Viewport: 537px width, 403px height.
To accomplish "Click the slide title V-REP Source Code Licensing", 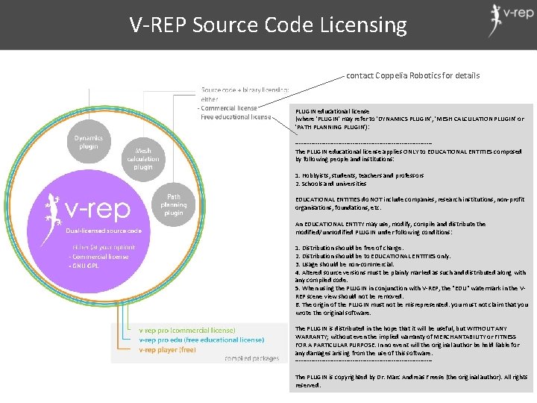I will point(268,25).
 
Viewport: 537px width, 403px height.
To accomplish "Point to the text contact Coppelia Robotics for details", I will point(412,75).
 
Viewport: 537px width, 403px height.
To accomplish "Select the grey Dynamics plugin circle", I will point(89,143).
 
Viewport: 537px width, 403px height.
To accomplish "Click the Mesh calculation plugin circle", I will point(142,159).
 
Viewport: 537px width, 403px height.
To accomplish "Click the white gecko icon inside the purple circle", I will point(51,208).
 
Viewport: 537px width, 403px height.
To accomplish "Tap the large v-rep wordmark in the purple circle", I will point(98,210).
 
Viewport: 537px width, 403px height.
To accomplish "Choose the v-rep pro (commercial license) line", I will point(187,330).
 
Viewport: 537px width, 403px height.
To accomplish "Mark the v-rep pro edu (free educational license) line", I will point(201,339).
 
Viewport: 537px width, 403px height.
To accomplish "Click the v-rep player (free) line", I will point(167,349).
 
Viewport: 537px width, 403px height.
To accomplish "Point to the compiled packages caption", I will point(251,358).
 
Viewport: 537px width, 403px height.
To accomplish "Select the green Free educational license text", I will point(236,116).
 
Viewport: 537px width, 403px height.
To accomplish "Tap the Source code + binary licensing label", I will point(244,90).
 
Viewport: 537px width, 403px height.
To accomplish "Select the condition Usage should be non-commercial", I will point(345,264).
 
